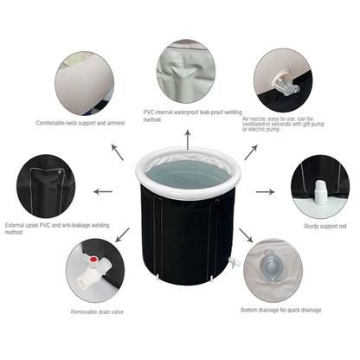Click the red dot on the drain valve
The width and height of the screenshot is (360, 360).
[93, 260]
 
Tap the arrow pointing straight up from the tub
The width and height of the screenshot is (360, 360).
[188, 139]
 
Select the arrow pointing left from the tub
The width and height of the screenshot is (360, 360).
[103, 191]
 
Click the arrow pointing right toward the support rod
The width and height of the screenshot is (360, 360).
[266, 192]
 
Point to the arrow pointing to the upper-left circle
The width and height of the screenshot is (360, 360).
[118, 152]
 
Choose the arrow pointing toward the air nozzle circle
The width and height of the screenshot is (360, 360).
[251, 152]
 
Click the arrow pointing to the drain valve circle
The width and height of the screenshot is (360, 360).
[122, 235]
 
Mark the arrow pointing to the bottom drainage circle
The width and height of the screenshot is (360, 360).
[246, 235]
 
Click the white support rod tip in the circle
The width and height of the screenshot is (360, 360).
[320, 192]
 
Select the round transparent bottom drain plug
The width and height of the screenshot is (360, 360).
[271, 266]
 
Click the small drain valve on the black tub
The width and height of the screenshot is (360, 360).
[234, 262]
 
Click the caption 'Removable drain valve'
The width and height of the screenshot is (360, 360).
[97, 312]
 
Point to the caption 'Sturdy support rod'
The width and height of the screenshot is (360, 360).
[325, 227]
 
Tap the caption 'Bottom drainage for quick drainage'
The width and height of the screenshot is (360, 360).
[281, 310]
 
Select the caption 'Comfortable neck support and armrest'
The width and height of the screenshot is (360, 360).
[80, 123]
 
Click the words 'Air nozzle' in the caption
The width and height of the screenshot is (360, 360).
[254, 119]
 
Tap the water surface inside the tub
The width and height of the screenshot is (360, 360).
[188, 175]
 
